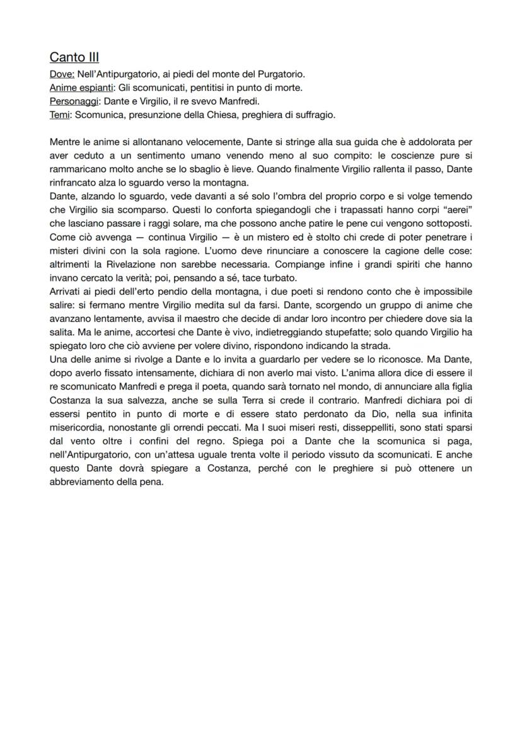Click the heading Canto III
click(74, 57)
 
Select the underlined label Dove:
click(62, 74)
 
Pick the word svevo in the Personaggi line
click(196, 100)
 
